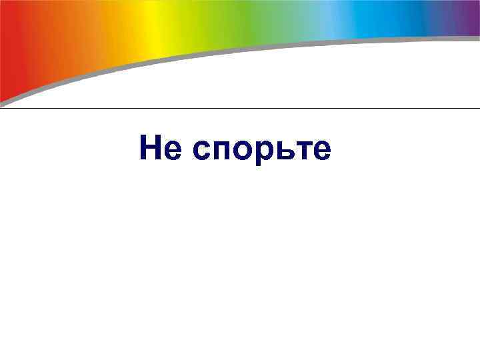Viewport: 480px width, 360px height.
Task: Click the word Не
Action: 161,149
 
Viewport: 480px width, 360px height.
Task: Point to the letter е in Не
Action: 172,151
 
